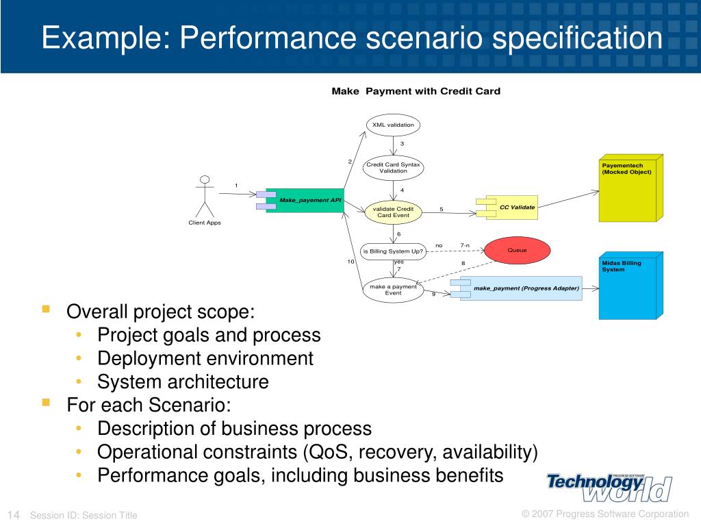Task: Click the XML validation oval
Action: click(393, 125)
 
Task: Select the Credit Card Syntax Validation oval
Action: click(393, 168)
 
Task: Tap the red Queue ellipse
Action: click(517, 250)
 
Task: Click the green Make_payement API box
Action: click(305, 200)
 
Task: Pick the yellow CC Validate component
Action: click(511, 207)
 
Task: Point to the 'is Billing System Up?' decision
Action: click(393, 251)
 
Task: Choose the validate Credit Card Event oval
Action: click(393, 212)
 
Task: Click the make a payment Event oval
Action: click(393, 290)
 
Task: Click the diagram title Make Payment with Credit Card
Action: click(416, 91)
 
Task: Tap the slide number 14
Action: click(14, 515)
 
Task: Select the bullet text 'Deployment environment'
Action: click(205, 358)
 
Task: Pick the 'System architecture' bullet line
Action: click(183, 381)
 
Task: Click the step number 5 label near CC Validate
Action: click(442, 209)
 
